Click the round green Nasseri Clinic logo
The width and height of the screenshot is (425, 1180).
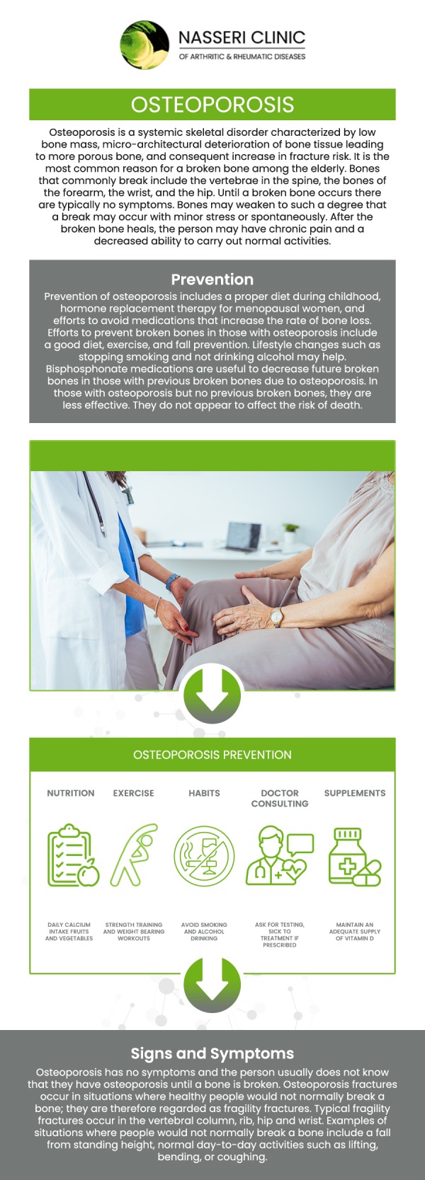pos(145,45)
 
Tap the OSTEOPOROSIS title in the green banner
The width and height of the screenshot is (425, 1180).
pos(212,105)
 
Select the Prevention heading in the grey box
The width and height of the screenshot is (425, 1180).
pos(212,279)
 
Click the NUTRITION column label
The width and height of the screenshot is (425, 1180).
pos(70,793)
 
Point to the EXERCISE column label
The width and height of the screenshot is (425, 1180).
pos(133,793)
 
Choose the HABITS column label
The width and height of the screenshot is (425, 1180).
pos(204,793)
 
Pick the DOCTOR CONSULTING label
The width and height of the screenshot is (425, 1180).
pos(280,798)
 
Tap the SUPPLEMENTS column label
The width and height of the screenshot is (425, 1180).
pos(354,793)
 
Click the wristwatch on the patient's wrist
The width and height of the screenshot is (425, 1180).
pos(278,617)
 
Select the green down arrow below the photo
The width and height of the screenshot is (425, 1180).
pos(212,694)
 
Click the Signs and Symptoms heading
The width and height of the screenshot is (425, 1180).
pos(212,1054)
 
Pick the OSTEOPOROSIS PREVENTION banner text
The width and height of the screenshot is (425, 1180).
pos(212,755)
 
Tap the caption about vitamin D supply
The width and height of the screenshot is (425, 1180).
pos(354,931)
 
